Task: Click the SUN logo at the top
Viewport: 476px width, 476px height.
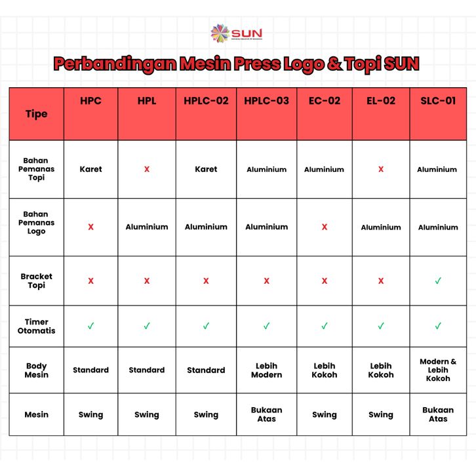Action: point(237,33)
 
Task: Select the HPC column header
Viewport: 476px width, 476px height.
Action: point(90,101)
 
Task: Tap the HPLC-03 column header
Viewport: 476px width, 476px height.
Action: point(266,101)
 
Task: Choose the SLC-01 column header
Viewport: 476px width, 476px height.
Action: point(437,101)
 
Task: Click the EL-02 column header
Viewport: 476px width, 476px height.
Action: point(380,101)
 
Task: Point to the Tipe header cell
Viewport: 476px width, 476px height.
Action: point(36,113)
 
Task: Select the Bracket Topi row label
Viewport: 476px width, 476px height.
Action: point(36,281)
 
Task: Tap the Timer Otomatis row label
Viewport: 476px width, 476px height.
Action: point(36,326)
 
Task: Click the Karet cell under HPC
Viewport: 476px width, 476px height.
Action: point(90,169)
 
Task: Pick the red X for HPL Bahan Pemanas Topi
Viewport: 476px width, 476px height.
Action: point(147,169)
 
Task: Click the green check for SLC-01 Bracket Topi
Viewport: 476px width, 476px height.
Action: point(438,281)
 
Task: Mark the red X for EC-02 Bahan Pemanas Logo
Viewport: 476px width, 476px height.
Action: point(325,227)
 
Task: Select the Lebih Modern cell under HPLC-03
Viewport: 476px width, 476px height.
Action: point(266,370)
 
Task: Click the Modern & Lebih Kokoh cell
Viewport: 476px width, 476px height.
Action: point(438,370)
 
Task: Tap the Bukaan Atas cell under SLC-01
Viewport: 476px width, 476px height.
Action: point(438,414)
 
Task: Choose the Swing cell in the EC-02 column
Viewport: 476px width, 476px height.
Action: point(325,414)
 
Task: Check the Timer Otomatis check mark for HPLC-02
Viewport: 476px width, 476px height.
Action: point(206,326)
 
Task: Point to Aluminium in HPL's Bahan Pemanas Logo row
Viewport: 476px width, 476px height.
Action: point(147,227)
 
